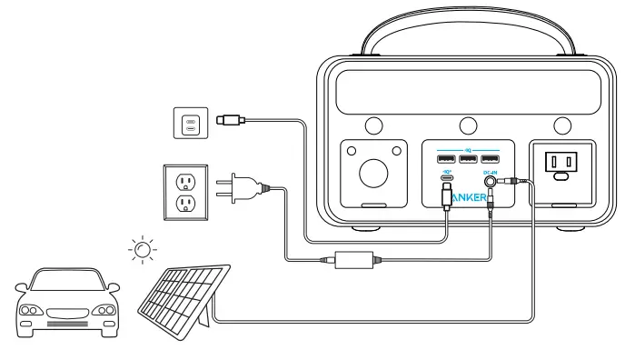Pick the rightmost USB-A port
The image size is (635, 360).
[490, 160]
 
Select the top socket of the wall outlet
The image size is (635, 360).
[185, 180]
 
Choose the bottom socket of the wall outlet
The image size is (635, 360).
[185, 204]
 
